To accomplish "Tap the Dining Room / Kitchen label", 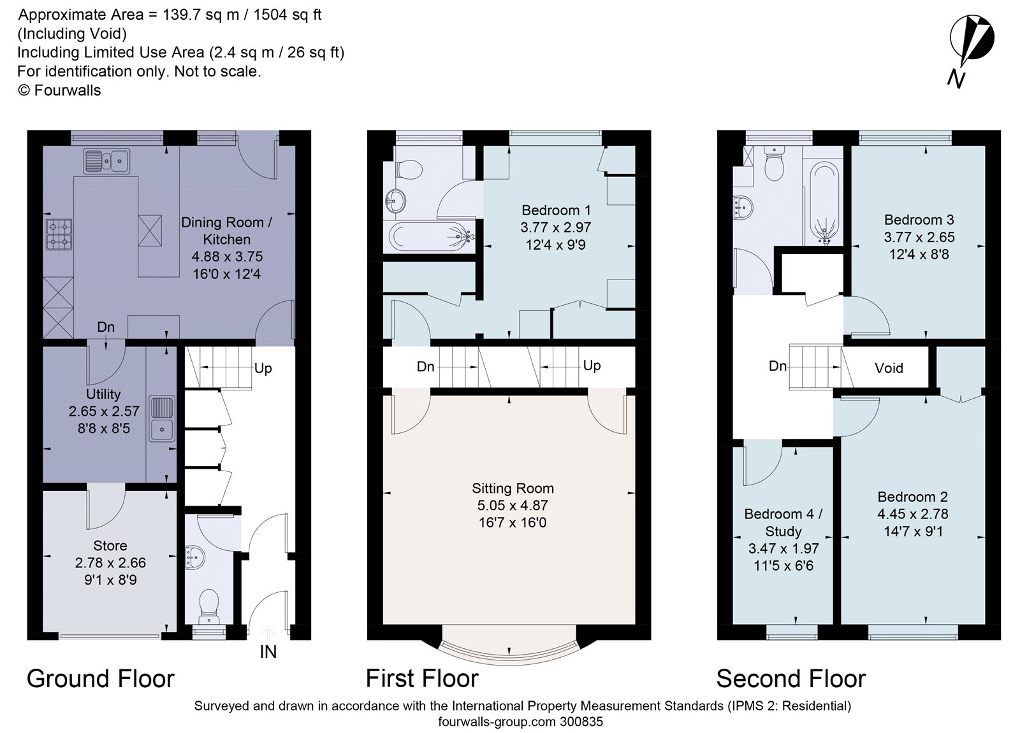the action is coord(226,231).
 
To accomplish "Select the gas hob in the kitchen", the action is coord(59,234).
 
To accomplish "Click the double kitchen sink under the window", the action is coord(106,160).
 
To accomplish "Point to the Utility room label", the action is coord(104,394).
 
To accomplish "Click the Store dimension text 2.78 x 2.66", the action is coord(110,563).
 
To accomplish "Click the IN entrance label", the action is coord(268,652).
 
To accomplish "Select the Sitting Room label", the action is coord(513,488).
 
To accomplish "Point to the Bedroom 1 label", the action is coord(555,210).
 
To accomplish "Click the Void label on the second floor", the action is coord(889,367).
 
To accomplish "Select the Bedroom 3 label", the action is coord(919,220).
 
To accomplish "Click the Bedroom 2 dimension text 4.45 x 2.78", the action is coord(913,514).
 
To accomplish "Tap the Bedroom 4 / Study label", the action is coord(783,522).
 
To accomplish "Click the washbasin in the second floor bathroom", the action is coord(743,208).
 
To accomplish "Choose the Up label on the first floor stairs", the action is coord(592,366).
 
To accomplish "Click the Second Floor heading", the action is coord(791,679).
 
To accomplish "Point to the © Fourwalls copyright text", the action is coord(59,90).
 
